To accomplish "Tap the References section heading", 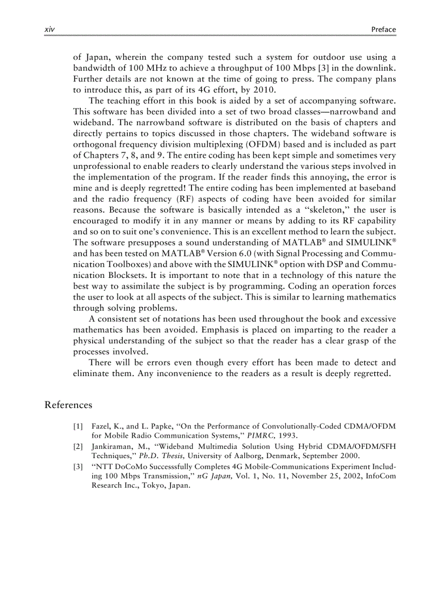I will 68,405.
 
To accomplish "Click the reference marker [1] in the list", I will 78,426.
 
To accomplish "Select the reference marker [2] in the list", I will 78,446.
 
